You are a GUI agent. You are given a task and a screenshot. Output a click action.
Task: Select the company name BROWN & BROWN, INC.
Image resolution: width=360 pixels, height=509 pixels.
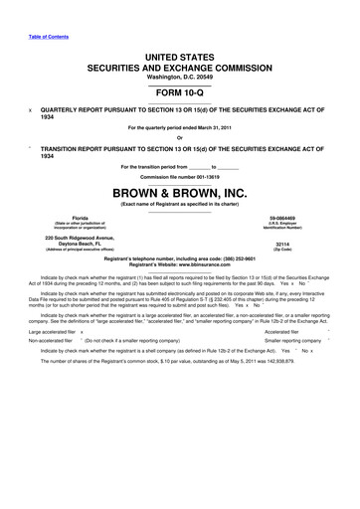(179, 188)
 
